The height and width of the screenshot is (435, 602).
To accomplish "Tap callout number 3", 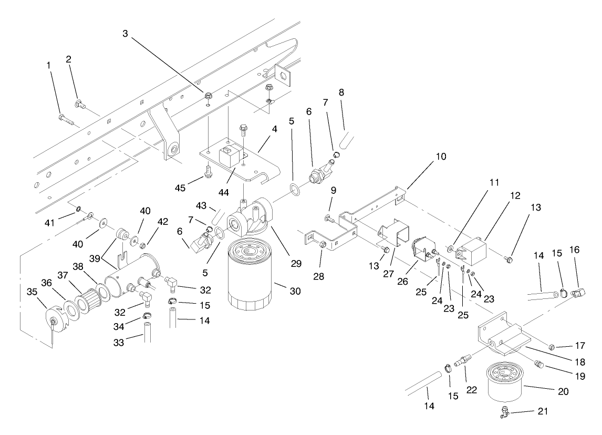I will pos(125,33).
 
